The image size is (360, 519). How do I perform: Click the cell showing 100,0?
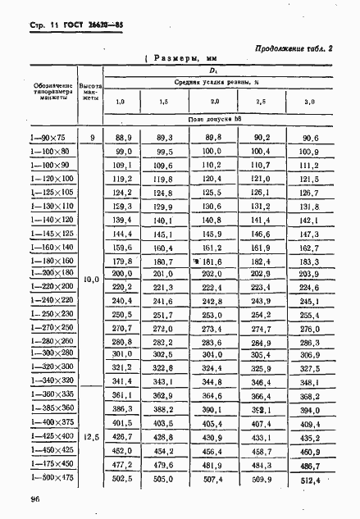pos(212,152)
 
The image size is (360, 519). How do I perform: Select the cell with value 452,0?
pos(122,450)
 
